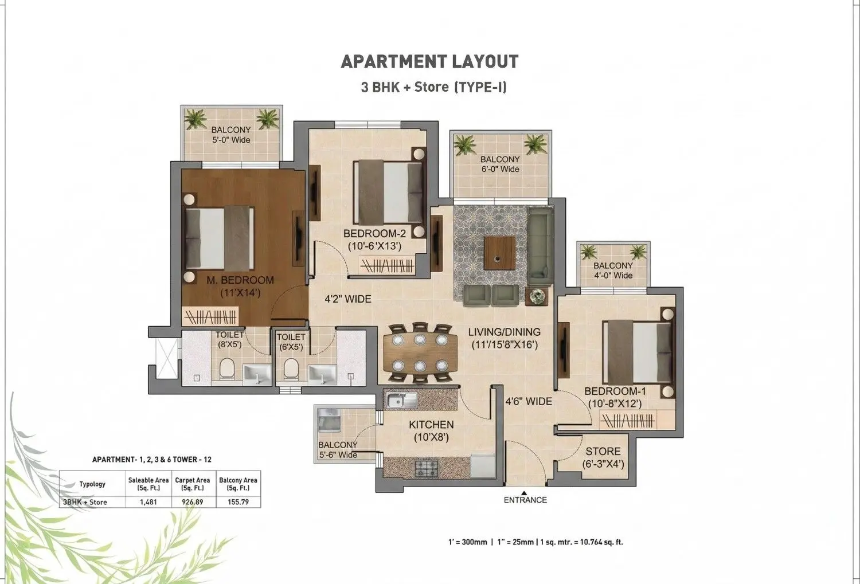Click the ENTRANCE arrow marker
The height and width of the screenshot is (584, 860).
[524, 493]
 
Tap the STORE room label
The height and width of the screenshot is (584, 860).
[603, 451]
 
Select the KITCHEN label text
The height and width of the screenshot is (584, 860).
[431, 425]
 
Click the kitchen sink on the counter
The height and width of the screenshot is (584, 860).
[401, 401]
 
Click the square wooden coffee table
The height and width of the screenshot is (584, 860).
[499, 253]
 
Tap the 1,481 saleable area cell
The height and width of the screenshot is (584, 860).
[148, 502]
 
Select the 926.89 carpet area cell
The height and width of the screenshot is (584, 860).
[192, 502]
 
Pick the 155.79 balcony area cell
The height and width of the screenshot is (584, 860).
[238, 502]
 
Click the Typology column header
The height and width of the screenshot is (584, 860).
[92, 484]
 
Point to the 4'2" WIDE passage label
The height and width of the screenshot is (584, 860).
[348, 299]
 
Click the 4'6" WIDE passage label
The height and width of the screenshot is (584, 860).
[529, 401]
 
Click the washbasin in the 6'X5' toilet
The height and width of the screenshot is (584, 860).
[322, 374]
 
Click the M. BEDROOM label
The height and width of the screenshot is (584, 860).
[240, 280]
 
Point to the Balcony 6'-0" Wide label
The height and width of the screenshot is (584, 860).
[500, 164]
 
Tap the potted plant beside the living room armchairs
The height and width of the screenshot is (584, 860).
[537, 296]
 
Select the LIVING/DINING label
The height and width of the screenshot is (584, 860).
[504, 332]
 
